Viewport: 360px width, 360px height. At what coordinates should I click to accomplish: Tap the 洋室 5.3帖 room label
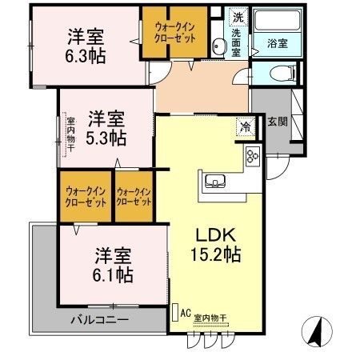click(x=106, y=126)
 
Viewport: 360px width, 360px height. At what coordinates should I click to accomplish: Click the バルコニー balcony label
click(x=99, y=319)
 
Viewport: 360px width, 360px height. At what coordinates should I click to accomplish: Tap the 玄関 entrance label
click(x=277, y=122)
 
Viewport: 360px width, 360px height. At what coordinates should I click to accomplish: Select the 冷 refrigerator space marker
click(x=244, y=126)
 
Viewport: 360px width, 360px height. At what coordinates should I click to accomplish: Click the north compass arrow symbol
click(x=314, y=328)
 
